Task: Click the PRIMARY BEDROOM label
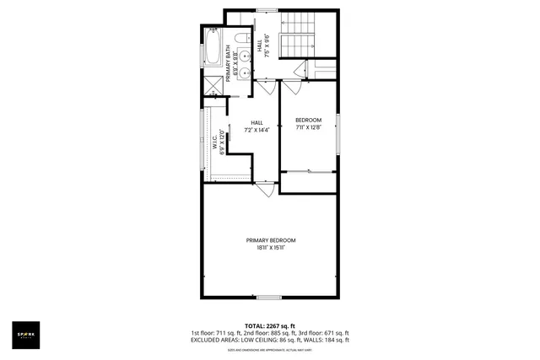pyautogui.click(x=270, y=240)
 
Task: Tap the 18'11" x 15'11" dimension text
pyautogui.click(x=270, y=248)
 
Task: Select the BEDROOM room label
pyautogui.click(x=307, y=121)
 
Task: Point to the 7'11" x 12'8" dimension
pyautogui.click(x=307, y=128)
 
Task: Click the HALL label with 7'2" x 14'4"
pyautogui.click(x=256, y=126)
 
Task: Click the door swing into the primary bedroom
pyautogui.click(x=265, y=191)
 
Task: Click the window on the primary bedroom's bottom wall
pyautogui.click(x=268, y=297)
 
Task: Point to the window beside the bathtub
pyautogui.click(x=201, y=46)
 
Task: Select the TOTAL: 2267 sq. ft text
pyautogui.click(x=270, y=325)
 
